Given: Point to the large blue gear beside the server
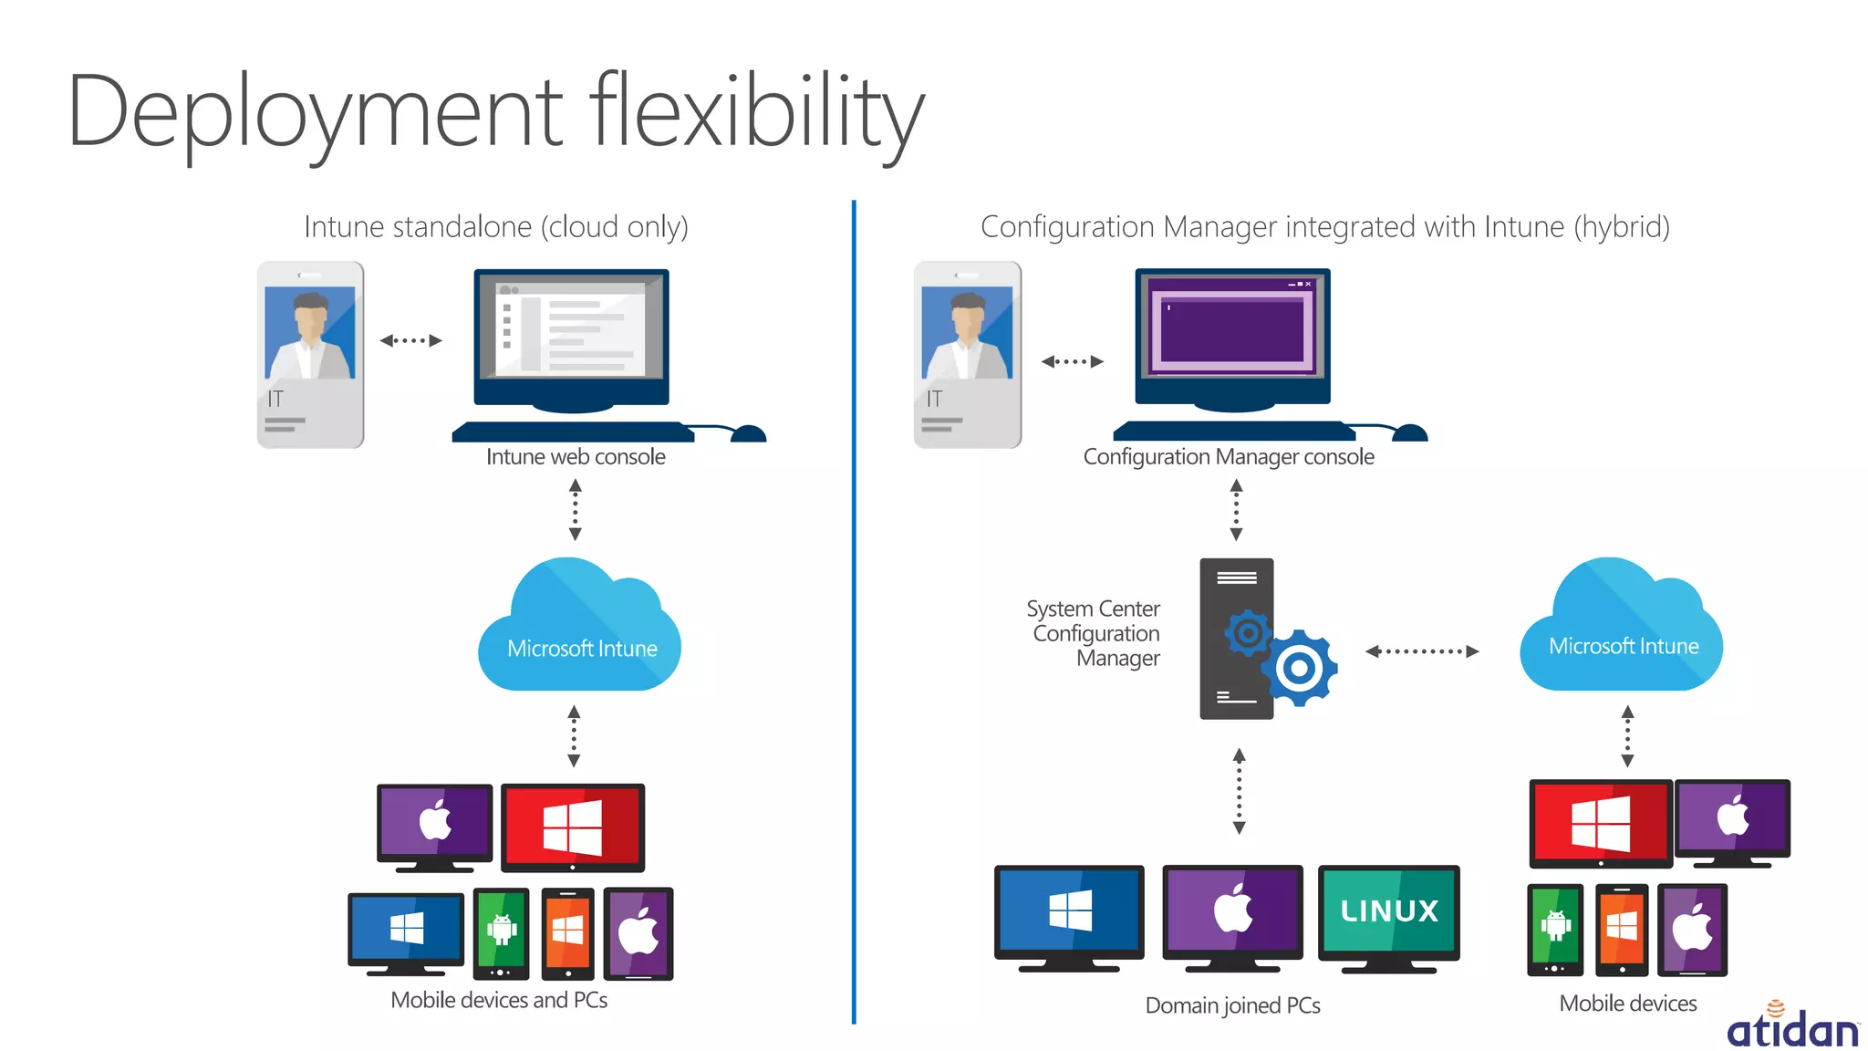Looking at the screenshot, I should pos(1299,668).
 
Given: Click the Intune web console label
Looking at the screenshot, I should pos(576,457).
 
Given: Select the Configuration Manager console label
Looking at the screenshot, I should pos(1228,457).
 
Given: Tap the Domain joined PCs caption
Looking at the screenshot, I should pos(1232,1005).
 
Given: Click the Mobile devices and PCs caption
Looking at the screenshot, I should pos(499,1000).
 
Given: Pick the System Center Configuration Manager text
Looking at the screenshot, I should pos(1095,633).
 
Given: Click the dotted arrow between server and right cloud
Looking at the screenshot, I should pos(1421,651).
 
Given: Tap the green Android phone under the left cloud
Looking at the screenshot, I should pos(501,931).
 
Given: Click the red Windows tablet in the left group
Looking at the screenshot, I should pos(573,827).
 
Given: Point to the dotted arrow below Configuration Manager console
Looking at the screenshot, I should pos(1236,511).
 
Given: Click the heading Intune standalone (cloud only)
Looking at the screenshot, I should pos(496,226).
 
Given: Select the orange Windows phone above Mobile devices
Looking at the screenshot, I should pos(1621,929).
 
